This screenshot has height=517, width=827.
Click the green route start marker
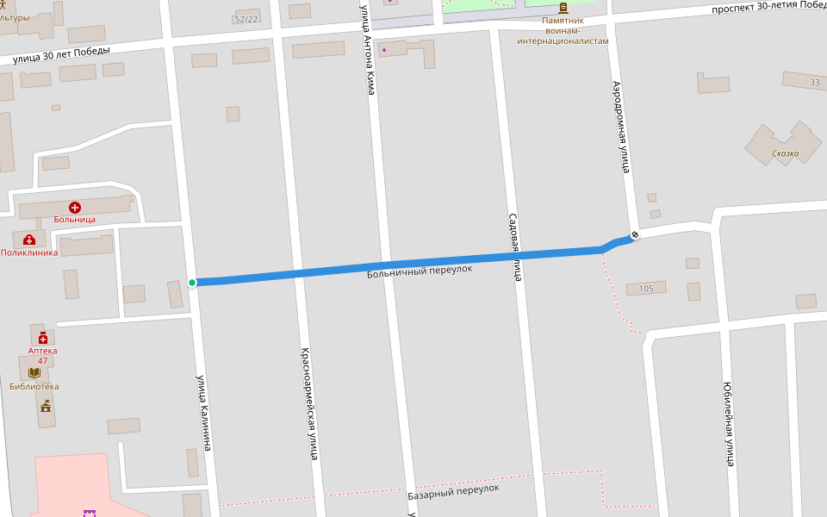click(x=192, y=283)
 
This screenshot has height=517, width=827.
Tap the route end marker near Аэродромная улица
click(x=635, y=234)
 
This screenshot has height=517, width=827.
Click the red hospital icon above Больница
click(x=75, y=208)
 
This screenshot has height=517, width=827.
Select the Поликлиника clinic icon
click(x=29, y=240)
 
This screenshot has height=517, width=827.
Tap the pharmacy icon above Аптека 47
click(x=42, y=338)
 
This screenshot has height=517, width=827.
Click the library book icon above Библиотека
click(x=34, y=373)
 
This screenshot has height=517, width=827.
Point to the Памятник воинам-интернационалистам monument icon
click(x=563, y=8)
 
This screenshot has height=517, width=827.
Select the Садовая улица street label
click(x=513, y=247)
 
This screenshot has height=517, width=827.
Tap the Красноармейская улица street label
click(x=308, y=402)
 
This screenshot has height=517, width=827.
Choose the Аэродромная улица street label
click(x=621, y=127)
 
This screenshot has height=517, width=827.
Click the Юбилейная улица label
click(x=729, y=423)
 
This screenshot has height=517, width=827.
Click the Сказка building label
click(x=785, y=154)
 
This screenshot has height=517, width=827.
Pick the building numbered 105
click(x=646, y=289)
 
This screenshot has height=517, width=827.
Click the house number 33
click(x=814, y=83)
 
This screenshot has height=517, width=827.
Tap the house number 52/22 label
click(x=246, y=19)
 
